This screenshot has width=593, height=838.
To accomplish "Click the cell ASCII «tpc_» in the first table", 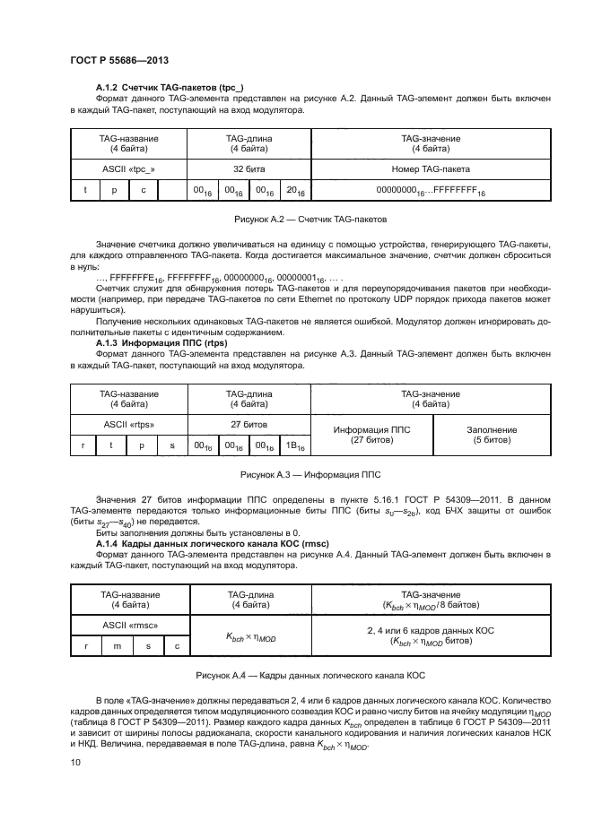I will pos(129,168).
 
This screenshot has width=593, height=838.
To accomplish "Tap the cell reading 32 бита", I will pos(249,168).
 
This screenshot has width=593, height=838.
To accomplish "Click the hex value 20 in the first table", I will pos(294,191).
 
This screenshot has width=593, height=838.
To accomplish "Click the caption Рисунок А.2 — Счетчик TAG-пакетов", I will pos(310,218).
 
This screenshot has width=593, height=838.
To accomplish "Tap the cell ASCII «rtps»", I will pos(129,423).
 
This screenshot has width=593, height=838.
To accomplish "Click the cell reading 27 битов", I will pos(249,423).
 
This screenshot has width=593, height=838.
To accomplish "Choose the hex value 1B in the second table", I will pos(294,445).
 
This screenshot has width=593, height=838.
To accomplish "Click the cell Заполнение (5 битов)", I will pos(492,435).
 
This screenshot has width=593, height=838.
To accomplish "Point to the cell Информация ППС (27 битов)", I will pos(371,435).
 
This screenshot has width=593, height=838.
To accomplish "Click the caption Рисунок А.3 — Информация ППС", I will pos(310,472).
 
